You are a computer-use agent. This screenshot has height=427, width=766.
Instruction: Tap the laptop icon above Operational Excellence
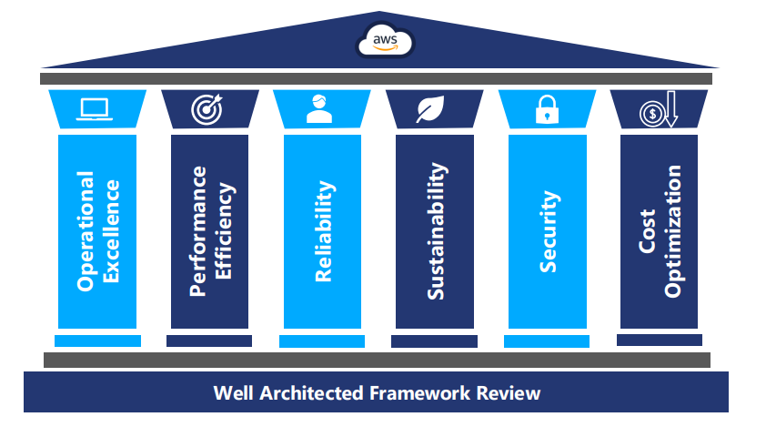[94, 109]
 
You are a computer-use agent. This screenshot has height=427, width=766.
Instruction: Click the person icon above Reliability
[318, 108]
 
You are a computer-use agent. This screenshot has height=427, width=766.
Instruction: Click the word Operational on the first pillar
[86, 230]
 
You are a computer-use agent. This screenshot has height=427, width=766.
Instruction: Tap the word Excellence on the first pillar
[111, 232]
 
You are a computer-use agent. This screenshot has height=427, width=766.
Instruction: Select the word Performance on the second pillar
[197, 231]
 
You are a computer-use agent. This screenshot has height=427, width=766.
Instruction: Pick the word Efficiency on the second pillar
[225, 231]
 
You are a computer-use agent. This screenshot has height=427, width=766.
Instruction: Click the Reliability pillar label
[324, 231]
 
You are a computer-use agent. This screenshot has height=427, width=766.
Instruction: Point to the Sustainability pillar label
[437, 231]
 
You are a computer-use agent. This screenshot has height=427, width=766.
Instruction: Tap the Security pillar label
[548, 231]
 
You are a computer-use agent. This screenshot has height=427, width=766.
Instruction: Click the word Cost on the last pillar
[647, 232]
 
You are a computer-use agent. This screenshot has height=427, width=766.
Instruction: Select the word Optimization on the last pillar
[673, 231]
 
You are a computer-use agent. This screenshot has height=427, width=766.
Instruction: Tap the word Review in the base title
[511, 393]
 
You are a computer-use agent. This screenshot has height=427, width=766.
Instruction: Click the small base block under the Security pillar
[546, 341]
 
